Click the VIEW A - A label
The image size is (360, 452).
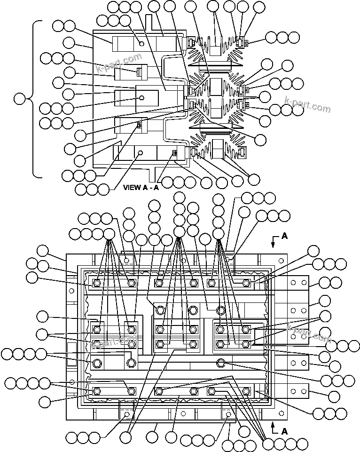[141, 187]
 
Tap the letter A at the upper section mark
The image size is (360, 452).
[284, 237]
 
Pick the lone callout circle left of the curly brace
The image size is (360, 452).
[20, 99]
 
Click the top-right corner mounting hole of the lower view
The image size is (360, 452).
[282, 259]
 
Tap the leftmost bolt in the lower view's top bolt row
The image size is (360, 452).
[97, 283]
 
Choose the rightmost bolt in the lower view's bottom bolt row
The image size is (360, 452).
[246, 391]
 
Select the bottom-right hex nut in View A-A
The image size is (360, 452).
[241, 152]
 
